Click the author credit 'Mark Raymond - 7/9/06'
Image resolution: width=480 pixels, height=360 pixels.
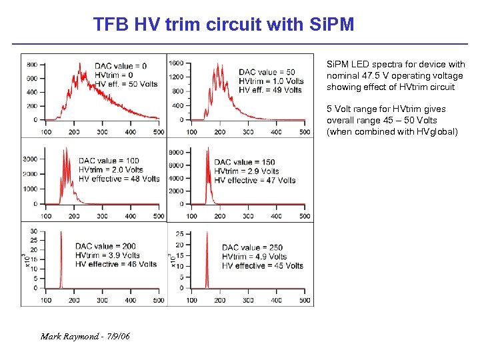(x=85, y=336)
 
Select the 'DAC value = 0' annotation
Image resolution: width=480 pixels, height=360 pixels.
(x=121, y=66)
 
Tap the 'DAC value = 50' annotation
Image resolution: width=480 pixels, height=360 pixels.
(x=267, y=72)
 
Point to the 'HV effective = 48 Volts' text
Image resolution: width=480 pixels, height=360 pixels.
(x=119, y=179)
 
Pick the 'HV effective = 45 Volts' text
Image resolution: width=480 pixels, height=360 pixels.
(x=263, y=266)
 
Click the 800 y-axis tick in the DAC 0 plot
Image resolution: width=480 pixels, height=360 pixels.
(x=32, y=65)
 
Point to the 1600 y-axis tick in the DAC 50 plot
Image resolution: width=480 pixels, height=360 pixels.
(x=177, y=63)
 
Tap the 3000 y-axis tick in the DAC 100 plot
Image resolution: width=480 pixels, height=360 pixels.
(x=30, y=159)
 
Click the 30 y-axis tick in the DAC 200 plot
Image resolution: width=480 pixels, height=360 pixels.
(x=34, y=231)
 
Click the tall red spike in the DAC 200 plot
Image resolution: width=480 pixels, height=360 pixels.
(x=61, y=260)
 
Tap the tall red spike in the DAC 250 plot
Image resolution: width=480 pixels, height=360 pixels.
(x=207, y=260)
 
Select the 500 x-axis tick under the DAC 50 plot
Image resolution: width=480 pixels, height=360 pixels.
(x=305, y=132)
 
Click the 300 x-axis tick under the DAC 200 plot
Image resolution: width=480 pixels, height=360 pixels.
(x=102, y=301)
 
